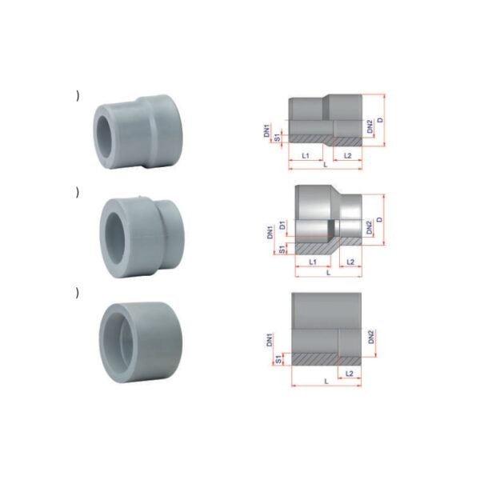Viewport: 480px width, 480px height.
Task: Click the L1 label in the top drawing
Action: point(306,155)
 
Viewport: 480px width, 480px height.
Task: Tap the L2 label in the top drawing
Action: point(348,155)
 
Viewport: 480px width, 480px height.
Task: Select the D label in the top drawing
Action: point(380,120)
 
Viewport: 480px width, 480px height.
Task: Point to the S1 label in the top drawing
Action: point(278,138)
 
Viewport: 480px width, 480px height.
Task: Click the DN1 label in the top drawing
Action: point(267,130)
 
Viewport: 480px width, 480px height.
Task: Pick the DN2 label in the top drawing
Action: point(370,126)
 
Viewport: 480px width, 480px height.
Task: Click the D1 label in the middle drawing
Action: point(282,226)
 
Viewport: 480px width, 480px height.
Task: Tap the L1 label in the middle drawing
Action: point(313,262)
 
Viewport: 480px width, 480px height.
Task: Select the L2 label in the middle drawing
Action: point(350,262)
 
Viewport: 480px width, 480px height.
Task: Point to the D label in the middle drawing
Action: point(379,220)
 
